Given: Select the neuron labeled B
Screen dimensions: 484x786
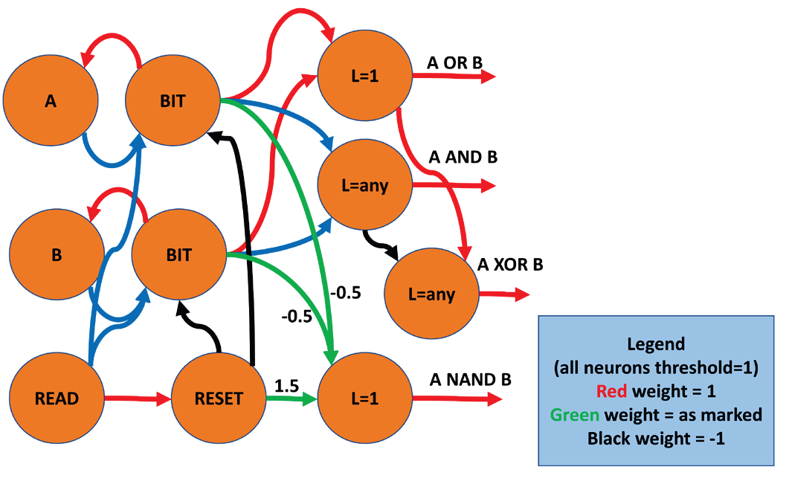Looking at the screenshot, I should (57, 254).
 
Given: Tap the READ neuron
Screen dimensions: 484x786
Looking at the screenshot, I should (57, 399).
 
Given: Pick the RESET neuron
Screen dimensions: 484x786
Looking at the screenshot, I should (219, 399).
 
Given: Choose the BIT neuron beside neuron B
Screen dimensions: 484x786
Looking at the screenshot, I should (179, 255).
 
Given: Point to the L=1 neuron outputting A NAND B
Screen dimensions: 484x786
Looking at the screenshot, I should (364, 399).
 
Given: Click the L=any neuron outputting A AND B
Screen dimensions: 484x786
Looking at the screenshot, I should (364, 185).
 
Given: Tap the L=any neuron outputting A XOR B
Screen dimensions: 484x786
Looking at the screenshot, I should (432, 294).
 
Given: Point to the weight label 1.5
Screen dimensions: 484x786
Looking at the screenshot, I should (288, 386).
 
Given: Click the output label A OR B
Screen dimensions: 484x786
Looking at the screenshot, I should (455, 63).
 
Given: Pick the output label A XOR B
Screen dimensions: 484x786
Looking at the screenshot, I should (510, 264).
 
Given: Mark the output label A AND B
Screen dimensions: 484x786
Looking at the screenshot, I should (463, 158).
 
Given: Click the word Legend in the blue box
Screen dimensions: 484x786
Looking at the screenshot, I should (655, 345).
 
